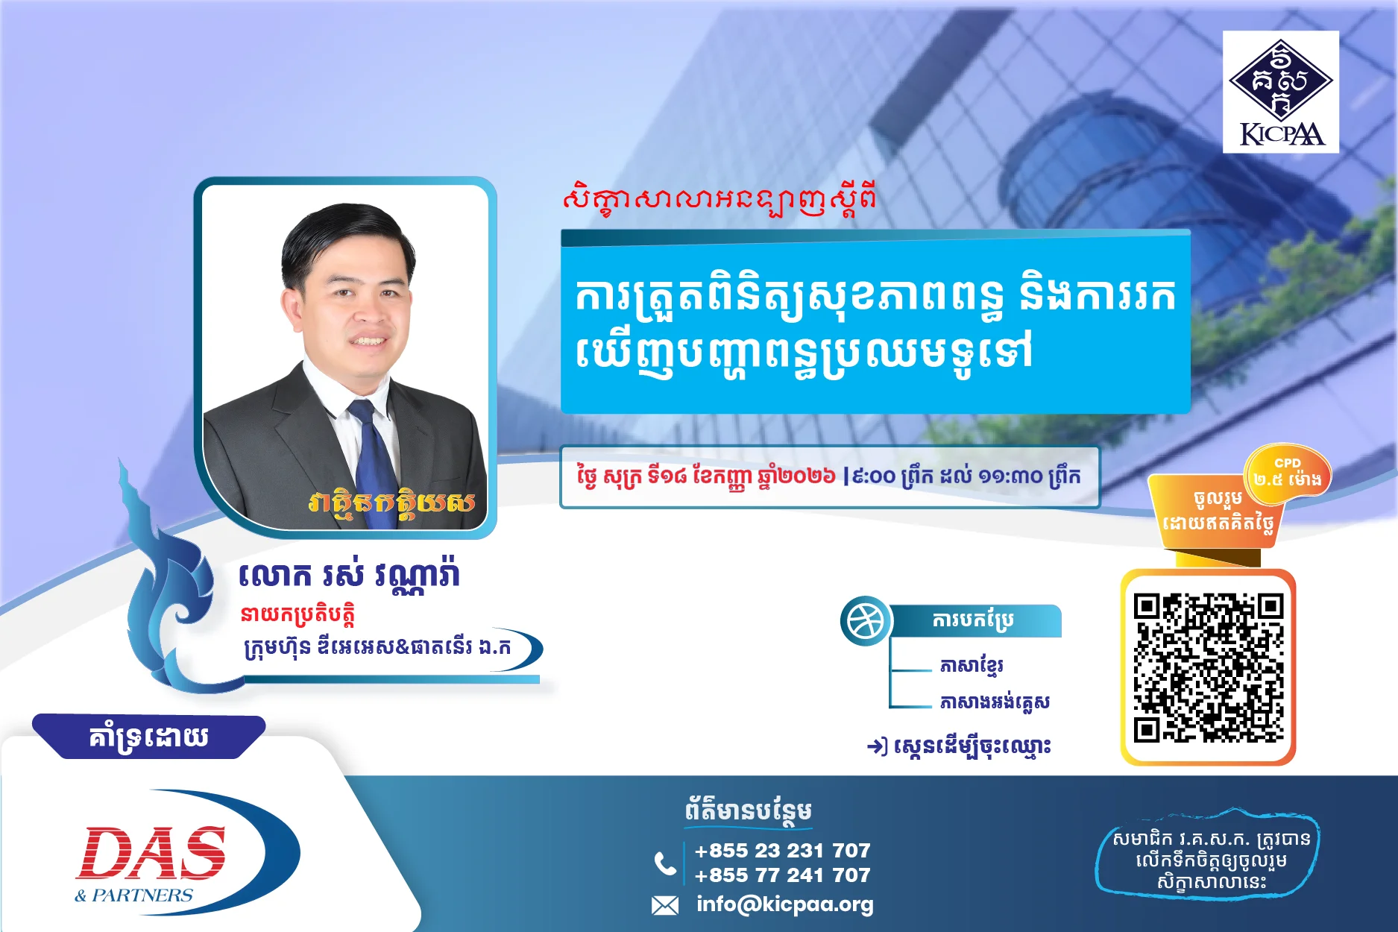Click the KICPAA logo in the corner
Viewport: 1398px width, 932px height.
tap(1280, 92)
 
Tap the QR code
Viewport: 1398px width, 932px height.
tap(1209, 667)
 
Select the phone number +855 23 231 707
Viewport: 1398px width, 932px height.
tap(782, 850)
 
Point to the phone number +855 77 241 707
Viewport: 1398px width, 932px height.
tap(782, 875)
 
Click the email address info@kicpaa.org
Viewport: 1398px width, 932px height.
tap(784, 904)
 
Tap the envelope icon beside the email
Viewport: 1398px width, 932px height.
tap(664, 905)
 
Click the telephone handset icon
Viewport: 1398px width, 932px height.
tap(665, 863)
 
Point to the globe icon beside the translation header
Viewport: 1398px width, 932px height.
tap(866, 621)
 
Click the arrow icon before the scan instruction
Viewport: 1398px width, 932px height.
tap(877, 746)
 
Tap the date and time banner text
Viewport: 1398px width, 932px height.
tap(828, 476)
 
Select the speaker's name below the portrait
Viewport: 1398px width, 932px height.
tap(349, 574)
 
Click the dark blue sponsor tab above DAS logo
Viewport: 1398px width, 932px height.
tap(148, 737)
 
